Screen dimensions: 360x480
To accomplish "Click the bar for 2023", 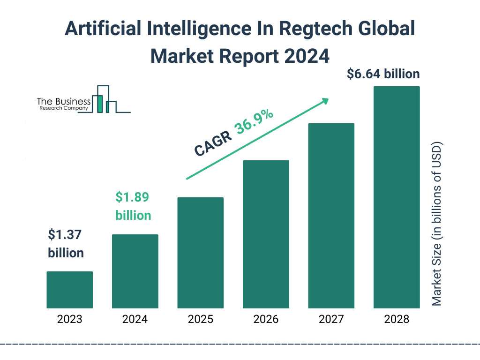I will click(x=69, y=290).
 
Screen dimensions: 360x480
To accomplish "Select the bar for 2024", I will click(x=135, y=271).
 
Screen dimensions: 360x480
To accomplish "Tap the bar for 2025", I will click(x=200, y=253).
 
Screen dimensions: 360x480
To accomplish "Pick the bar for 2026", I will click(x=266, y=234).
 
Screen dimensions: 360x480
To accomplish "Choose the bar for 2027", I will click(x=331, y=216).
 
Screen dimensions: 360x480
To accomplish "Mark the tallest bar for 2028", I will click(x=397, y=197).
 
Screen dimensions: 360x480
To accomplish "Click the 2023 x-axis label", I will click(x=69, y=320).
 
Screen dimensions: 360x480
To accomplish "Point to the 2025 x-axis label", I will click(x=200, y=320).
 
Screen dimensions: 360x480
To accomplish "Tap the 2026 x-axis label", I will click(x=266, y=320).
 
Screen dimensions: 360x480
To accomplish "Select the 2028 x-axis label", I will click(x=397, y=320).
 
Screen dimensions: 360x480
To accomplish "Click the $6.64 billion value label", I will click(x=383, y=74).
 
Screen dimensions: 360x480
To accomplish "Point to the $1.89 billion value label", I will click(x=133, y=206).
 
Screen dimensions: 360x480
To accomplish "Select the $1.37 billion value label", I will click(x=66, y=244).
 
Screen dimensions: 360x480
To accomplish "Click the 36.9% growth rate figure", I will click(x=255, y=123).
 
